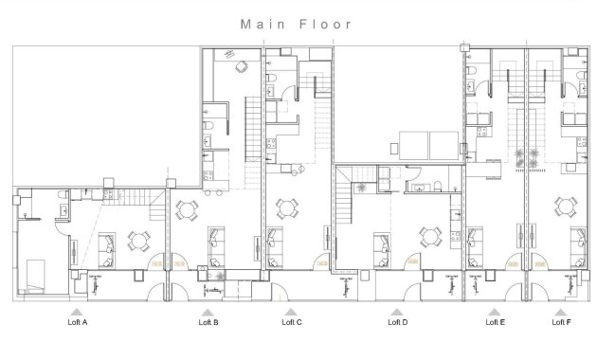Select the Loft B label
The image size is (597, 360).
pos(208,322)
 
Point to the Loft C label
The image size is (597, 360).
pos(292,322)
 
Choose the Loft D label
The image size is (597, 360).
pos(398,322)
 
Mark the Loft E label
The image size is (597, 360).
pos(495,322)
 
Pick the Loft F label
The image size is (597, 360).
pos(561,322)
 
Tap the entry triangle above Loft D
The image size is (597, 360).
pos(398,310)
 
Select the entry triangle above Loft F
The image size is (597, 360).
pos(561,310)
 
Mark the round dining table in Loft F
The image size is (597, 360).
pos(566,205)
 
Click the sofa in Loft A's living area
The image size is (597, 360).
pos(106,246)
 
